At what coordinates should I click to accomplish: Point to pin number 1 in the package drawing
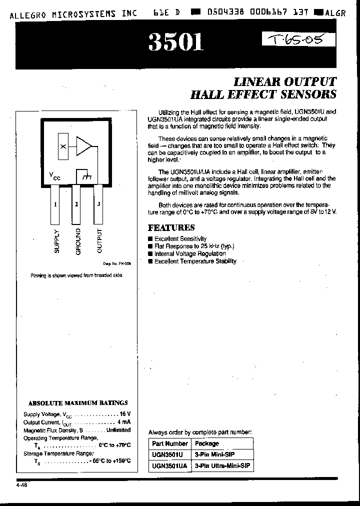point(55,204)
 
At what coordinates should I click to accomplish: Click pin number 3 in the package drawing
point(98,204)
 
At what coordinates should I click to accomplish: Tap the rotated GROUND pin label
point(77,241)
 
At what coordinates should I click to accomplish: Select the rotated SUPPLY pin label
point(56,241)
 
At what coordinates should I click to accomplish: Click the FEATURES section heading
point(171,227)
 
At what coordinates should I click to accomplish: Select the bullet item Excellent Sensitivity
point(180,239)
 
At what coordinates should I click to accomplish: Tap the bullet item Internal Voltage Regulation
point(190,253)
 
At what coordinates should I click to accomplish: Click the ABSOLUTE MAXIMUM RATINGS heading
point(78,402)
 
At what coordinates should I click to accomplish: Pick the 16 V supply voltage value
point(125,414)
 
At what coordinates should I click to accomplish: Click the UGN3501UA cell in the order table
point(169,465)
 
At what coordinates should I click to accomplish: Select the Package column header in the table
point(207,443)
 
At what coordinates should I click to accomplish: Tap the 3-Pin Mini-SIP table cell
point(214,454)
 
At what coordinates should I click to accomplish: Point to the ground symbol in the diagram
point(85,176)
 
